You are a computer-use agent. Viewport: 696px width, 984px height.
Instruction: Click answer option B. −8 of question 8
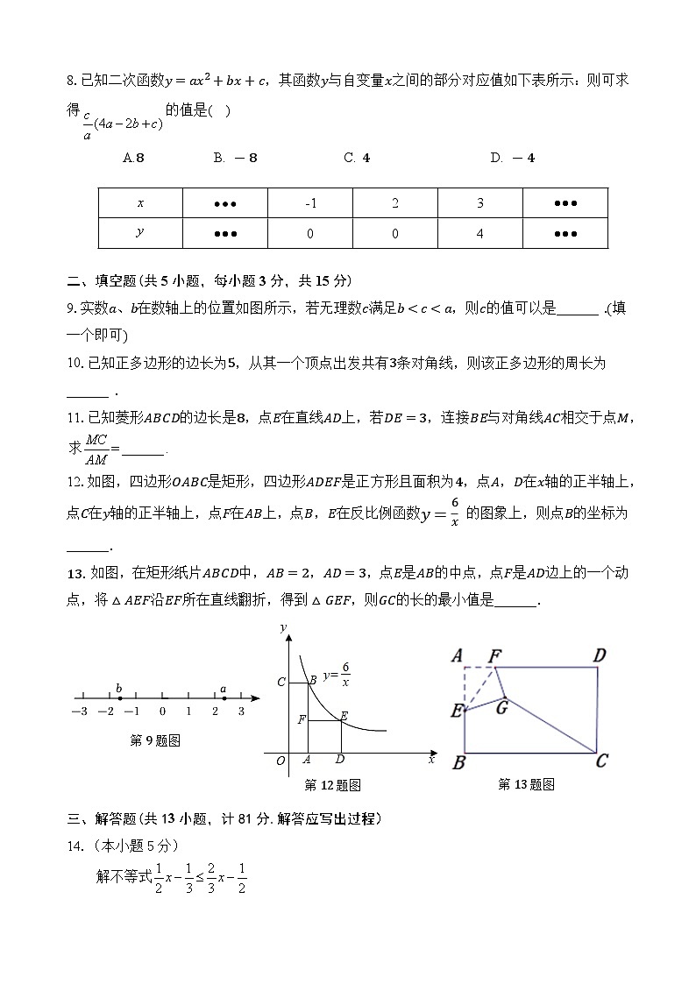tap(235, 158)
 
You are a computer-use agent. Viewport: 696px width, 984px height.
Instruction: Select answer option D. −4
tap(513, 158)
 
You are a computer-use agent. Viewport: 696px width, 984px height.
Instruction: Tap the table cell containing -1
tap(310, 203)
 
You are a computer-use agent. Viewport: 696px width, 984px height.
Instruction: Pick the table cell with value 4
tap(480, 233)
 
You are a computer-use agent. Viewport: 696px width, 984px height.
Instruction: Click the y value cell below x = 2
tap(395, 233)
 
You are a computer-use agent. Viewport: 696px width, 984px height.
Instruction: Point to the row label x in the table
tap(140, 203)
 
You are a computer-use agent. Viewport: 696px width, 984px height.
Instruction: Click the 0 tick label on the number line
tap(162, 711)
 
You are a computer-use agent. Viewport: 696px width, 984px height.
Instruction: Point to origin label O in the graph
tap(281, 761)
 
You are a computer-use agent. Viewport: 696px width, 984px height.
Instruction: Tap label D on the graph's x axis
tap(340, 760)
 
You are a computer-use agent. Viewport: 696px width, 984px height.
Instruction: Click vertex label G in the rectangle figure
tap(501, 706)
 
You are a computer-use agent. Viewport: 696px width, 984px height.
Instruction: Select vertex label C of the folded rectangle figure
tap(601, 761)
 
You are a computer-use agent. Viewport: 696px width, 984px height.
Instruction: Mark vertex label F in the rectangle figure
tap(494, 655)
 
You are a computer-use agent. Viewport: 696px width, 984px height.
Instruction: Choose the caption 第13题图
tap(526, 784)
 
